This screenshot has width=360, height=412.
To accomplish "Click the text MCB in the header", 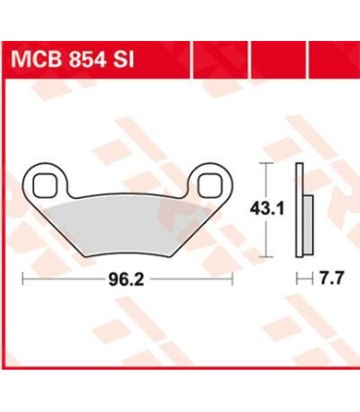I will pos(36,61).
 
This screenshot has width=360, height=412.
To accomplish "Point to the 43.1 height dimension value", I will pos(273,206).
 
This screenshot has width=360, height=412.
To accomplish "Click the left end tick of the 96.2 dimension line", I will pos(22,278).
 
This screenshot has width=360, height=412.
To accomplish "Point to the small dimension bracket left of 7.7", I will pos(301,278).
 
